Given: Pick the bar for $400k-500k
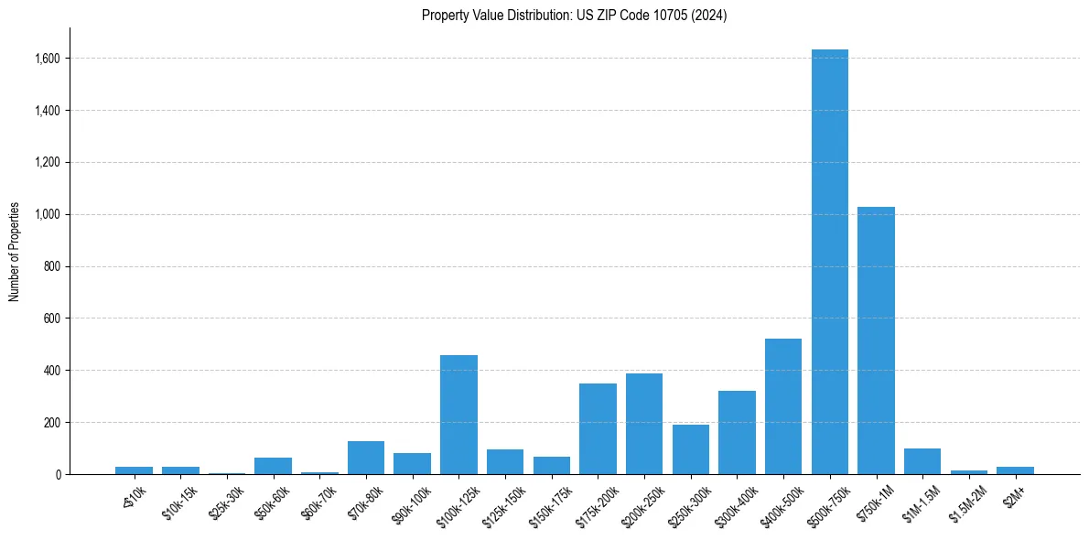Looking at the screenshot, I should click(782, 406).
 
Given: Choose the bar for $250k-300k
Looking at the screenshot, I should click(690, 449).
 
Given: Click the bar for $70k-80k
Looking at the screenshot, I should click(366, 458).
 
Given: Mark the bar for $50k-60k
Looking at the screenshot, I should click(273, 466).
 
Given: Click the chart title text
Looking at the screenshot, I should click(574, 16).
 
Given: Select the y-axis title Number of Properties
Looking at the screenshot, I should click(15, 251).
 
